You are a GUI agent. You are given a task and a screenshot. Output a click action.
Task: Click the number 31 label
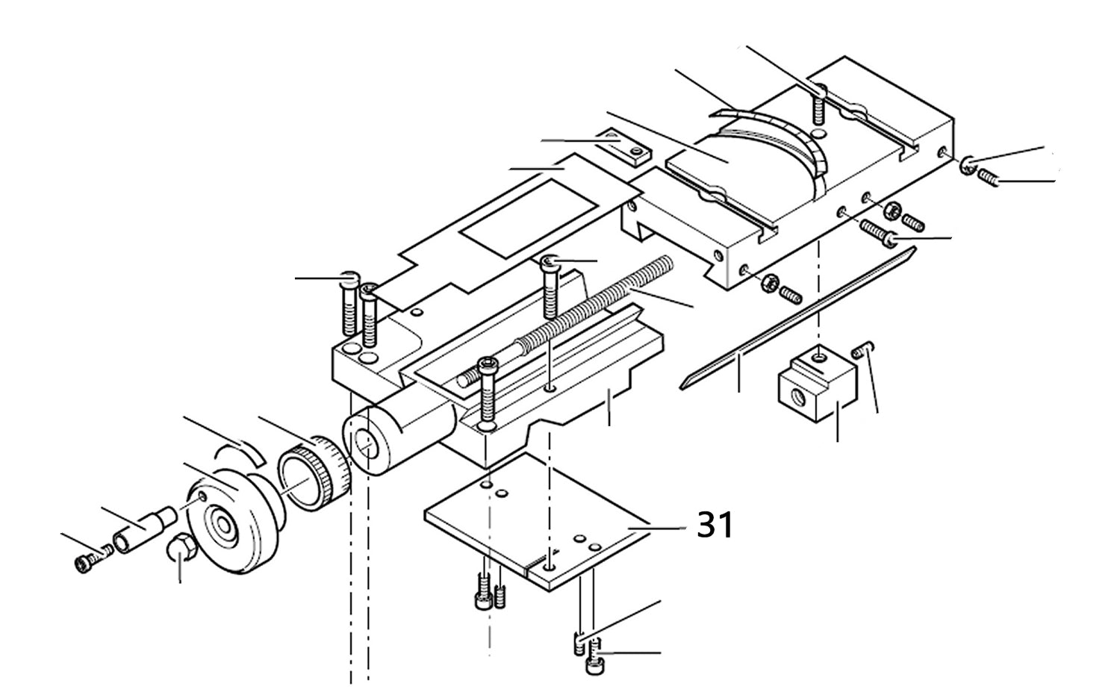pyautogui.click(x=715, y=526)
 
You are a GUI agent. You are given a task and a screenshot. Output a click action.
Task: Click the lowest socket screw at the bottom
pyautogui.click(x=594, y=664)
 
